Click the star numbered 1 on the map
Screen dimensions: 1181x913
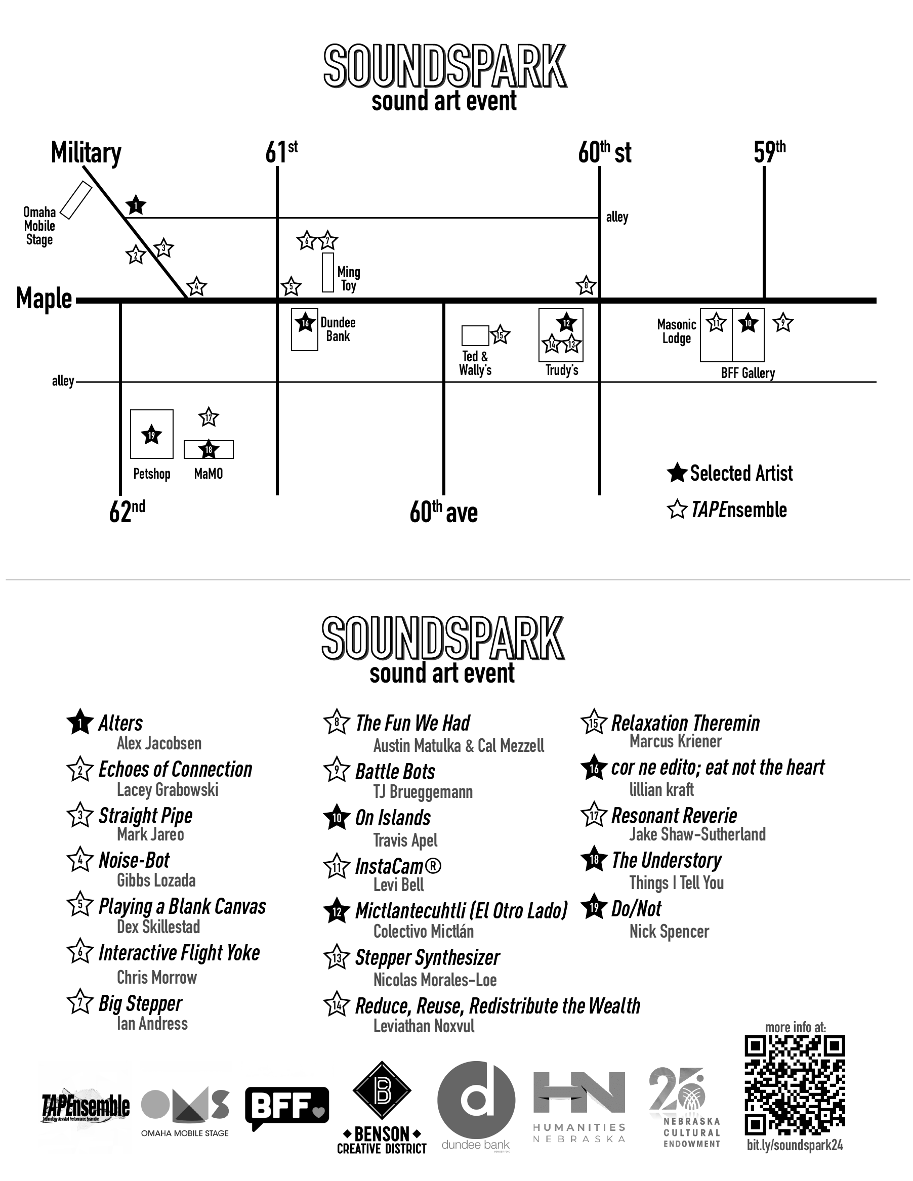[x=136, y=205]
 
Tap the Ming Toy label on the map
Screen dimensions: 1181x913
[x=348, y=278]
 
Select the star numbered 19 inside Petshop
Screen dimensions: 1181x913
[x=151, y=435]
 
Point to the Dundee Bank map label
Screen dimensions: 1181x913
[x=338, y=329]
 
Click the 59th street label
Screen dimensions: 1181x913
[x=769, y=152]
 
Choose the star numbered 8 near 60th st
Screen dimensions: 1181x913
[x=586, y=285]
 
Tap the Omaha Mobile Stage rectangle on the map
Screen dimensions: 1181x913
[x=76, y=200]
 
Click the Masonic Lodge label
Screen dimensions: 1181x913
[x=676, y=331]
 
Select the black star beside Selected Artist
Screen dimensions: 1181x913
[x=677, y=473]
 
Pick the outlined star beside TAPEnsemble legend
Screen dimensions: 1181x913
[x=677, y=510]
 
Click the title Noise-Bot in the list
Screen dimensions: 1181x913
[x=134, y=860]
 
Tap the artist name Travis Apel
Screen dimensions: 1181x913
[x=405, y=840]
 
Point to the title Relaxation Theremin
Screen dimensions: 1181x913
[x=685, y=723]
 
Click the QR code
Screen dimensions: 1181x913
[x=795, y=1084]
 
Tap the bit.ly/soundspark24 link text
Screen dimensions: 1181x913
[x=795, y=1145]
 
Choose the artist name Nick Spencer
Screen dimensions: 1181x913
[x=669, y=931]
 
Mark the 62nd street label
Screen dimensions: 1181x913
[x=127, y=511]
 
